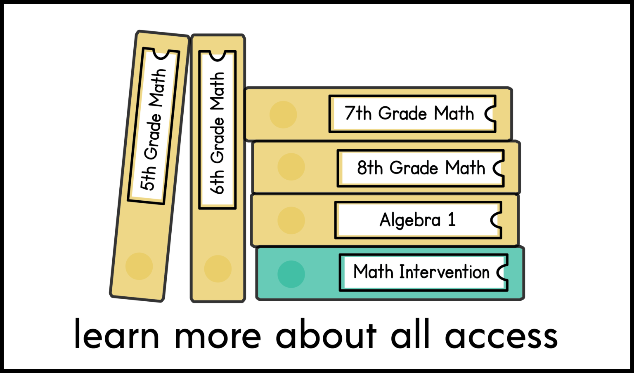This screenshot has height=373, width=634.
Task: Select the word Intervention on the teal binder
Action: coord(444,272)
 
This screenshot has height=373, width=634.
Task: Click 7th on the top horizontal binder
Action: coord(358,113)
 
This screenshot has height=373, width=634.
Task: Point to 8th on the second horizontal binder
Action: coord(370,168)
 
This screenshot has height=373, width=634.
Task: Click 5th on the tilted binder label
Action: coord(148,178)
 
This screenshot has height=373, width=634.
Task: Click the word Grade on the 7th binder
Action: coord(402,113)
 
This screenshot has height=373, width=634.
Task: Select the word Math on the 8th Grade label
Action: coord(465,168)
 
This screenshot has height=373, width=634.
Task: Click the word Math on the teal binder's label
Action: coord(373,272)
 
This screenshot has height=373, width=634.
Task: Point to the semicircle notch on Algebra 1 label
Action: coord(497,220)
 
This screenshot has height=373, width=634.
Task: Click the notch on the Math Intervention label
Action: coord(502,272)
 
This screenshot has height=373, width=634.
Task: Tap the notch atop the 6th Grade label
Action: coord(218,56)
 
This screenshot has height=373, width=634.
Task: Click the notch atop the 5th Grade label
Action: coord(161,55)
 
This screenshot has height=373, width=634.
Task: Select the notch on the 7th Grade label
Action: coord(491,113)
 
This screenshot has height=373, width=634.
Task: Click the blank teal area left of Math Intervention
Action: coord(297,273)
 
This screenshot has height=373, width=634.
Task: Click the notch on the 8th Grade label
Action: coord(499,168)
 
